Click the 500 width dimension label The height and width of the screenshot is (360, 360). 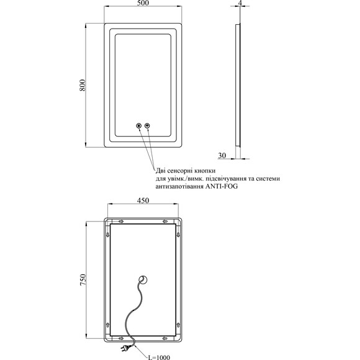(x=143, y=3)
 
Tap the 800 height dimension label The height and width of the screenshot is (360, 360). (x=83, y=85)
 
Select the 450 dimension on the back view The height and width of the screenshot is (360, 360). (x=143, y=200)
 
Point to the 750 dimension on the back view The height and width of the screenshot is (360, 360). (x=83, y=280)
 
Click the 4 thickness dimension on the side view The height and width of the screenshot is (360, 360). (x=240, y=3)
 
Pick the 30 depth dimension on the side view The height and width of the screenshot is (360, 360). (x=222, y=155)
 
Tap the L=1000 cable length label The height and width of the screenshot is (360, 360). (x=159, y=357)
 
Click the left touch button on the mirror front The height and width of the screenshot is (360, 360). (x=138, y=125)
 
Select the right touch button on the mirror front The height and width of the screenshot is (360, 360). (x=147, y=125)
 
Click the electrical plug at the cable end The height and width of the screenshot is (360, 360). (x=124, y=348)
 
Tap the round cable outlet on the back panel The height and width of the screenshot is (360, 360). (x=143, y=280)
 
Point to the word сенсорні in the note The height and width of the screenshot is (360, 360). (x=180, y=171)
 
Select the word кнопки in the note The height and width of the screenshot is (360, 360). (x=205, y=171)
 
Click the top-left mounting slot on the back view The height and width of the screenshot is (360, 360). (x=121, y=222)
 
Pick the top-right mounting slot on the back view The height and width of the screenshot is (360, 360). (x=165, y=222)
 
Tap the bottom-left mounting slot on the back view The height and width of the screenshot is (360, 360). (x=121, y=338)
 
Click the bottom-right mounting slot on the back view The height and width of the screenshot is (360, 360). (x=165, y=338)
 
